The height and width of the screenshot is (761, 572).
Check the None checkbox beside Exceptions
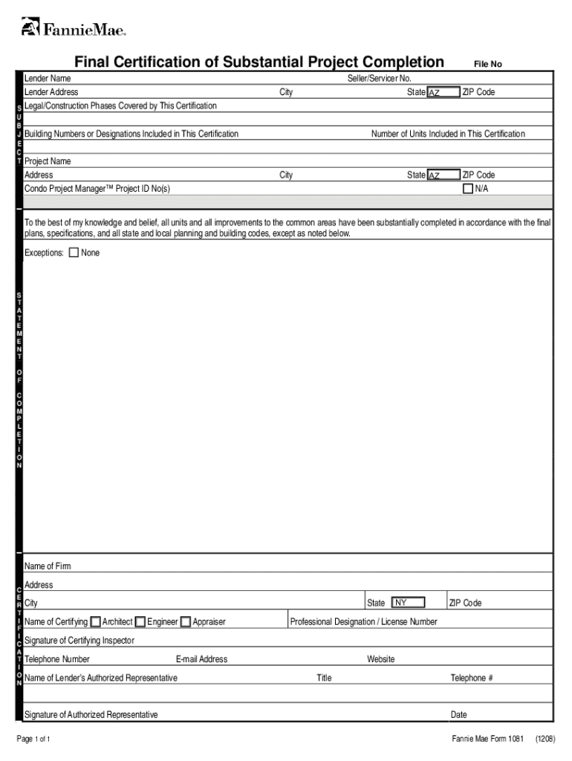[x=74, y=253]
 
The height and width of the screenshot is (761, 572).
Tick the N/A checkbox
[x=468, y=189]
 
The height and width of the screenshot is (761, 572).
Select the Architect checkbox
[x=95, y=621]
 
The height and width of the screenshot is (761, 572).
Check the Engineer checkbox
[x=140, y=621]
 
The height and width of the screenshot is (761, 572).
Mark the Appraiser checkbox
[x=185, y=621]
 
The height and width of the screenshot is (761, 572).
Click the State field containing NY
[x=408, y=603]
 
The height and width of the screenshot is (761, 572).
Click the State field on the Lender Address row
[x=443, y=92]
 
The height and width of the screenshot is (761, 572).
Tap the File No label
[x=488, y=65]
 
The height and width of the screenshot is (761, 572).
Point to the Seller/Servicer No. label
[x=379, y=79]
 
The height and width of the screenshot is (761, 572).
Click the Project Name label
[x=48, y=161]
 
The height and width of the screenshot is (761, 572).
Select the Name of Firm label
[x=48, y=566]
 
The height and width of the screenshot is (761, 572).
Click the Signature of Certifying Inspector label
[x=79, y=641]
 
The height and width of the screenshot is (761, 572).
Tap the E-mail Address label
[x=201, y=659]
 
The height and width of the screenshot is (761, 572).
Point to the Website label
[x=381, y=659]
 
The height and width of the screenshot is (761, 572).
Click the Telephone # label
[x=472, y=678]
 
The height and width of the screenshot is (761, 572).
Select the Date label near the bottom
[x=458, y=715]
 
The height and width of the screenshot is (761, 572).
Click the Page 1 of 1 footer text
[x=33, y=739]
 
